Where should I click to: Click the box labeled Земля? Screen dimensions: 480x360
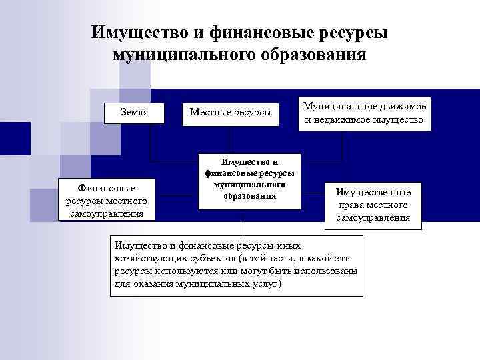[135, 112]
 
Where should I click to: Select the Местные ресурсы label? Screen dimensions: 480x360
[230, 113]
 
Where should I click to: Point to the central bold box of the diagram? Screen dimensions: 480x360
[249, 179]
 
